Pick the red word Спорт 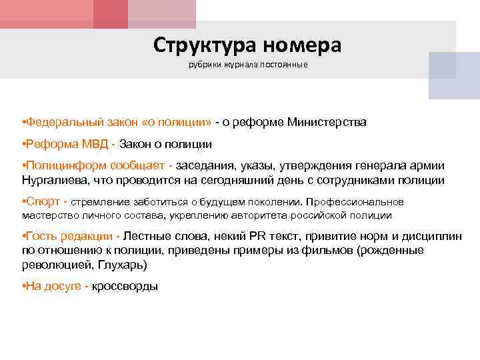coord(41,202)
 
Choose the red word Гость coord(42,237)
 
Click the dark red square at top coord(110,13)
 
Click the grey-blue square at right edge coord(453,75)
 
